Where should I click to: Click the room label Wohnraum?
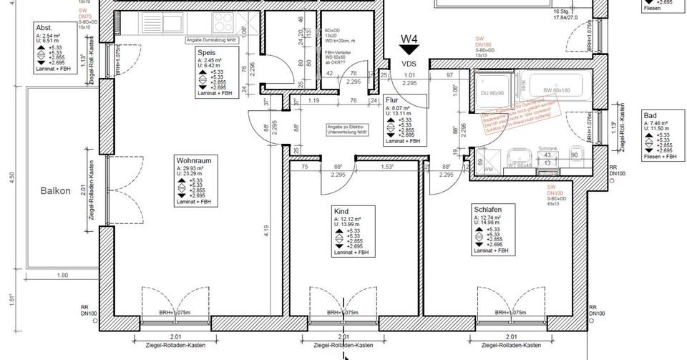(193, 161)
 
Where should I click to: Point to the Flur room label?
(391, 101)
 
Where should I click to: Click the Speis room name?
(208, 52)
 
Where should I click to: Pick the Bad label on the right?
(650, 115)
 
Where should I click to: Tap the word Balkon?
(55, 191)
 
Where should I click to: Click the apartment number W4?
(409, 39)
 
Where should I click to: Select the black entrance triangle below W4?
(409, 50)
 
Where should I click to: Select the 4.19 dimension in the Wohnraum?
(265, 230)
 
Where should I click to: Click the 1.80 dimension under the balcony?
(62, 275)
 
